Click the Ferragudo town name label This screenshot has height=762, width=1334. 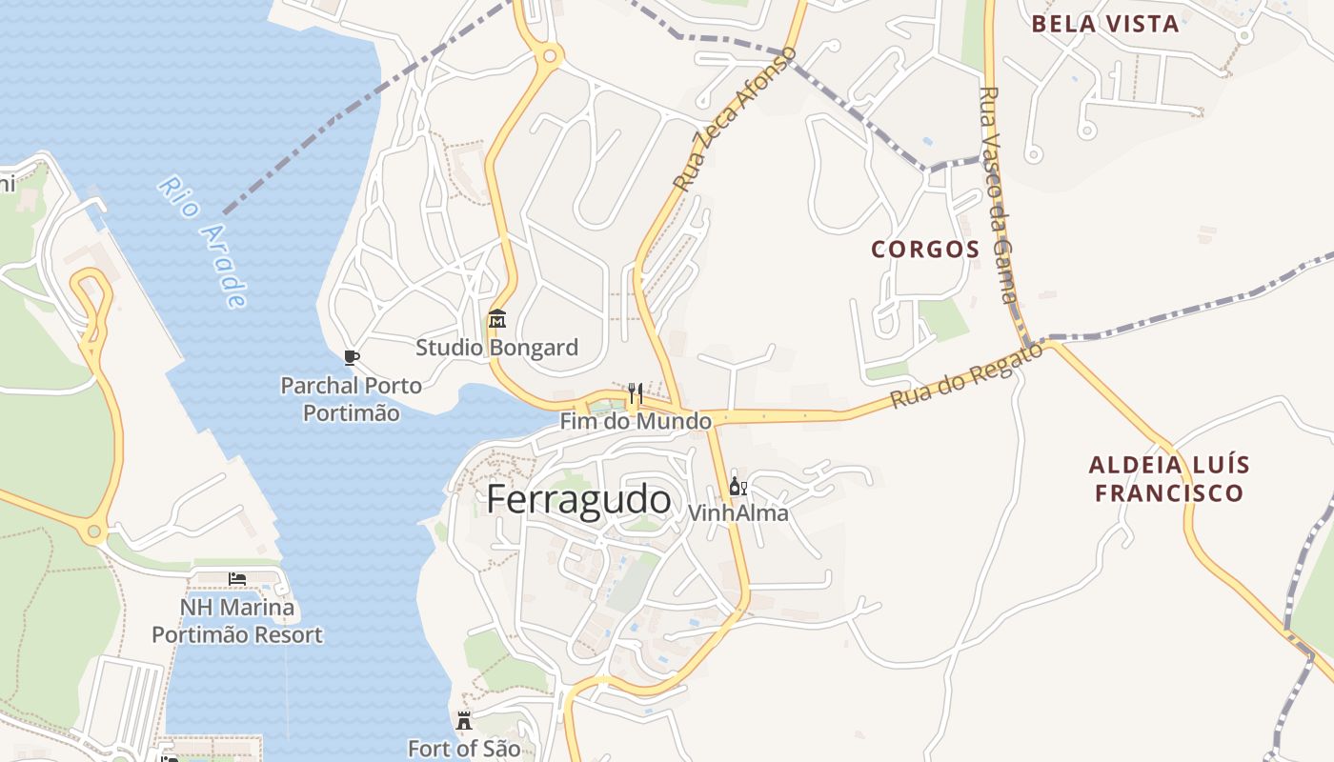pos(578,499)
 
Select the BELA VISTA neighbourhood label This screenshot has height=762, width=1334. pos(1105,24)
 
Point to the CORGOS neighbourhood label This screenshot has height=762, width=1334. pos(925,250)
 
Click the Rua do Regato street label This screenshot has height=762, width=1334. pos(966,377)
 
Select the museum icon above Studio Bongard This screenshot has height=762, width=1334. pos(496,319)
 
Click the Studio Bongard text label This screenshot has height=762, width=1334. pos(496,348)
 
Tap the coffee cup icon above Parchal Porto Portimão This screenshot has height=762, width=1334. pos(351,357)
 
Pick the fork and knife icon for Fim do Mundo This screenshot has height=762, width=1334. pos(635,392)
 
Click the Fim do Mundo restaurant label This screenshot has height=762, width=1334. pos(636,421)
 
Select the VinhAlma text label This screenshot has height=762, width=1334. pos(738,512)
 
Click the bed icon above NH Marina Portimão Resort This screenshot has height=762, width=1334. pos(237,579)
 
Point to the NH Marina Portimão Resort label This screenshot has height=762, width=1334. pos(237,621)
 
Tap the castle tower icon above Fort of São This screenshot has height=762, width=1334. pos(464,721)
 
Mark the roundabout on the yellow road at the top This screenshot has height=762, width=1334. pos(549,56)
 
